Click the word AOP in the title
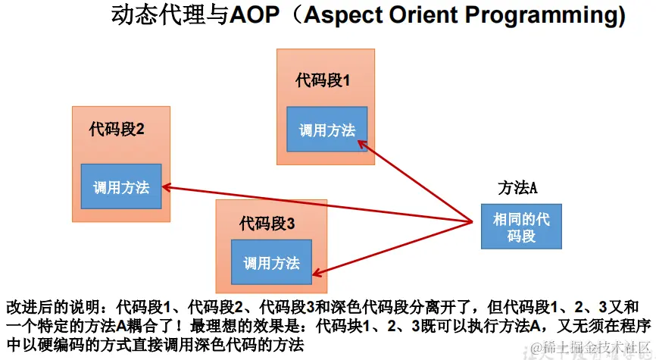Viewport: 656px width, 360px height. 255,15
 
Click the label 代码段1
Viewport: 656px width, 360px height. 323,80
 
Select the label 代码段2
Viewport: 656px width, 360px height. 117,129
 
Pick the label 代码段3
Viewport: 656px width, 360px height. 267,224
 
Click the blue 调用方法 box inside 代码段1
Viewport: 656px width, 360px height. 327,129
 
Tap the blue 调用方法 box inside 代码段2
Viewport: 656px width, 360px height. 121,186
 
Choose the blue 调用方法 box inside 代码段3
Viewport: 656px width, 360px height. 271,262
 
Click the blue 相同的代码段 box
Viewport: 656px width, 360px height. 521,227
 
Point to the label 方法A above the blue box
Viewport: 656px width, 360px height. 517,188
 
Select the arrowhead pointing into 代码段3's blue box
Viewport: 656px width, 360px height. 317,274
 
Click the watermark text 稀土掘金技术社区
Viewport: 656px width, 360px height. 593,347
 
